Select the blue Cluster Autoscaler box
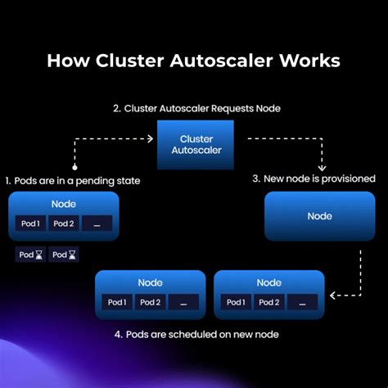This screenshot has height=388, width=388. [x=196, y=145]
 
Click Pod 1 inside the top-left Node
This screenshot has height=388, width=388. [x=31, y=223]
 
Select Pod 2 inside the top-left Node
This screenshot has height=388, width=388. [x=64, y=223]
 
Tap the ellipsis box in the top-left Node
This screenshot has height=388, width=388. [x=97, y=223]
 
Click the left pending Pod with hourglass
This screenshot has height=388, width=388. [x=30, y=255]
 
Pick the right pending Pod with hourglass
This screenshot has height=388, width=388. [x=64, y=255]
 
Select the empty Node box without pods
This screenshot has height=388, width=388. [x=319, y=216]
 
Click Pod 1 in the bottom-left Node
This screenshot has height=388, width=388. [x=116, y=302]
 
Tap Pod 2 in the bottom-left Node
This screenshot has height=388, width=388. [x=149, y=302]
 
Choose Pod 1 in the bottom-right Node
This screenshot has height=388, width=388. [x=235, y=302]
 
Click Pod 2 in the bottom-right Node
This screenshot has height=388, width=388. [x=268, y=302]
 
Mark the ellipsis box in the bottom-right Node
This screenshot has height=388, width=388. [x=301, y=302]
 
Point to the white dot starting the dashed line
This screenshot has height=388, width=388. [x=74, y=167]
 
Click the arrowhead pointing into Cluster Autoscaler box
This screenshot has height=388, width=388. [x=150, y=138]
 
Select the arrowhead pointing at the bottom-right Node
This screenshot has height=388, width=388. [x=332, y=293]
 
